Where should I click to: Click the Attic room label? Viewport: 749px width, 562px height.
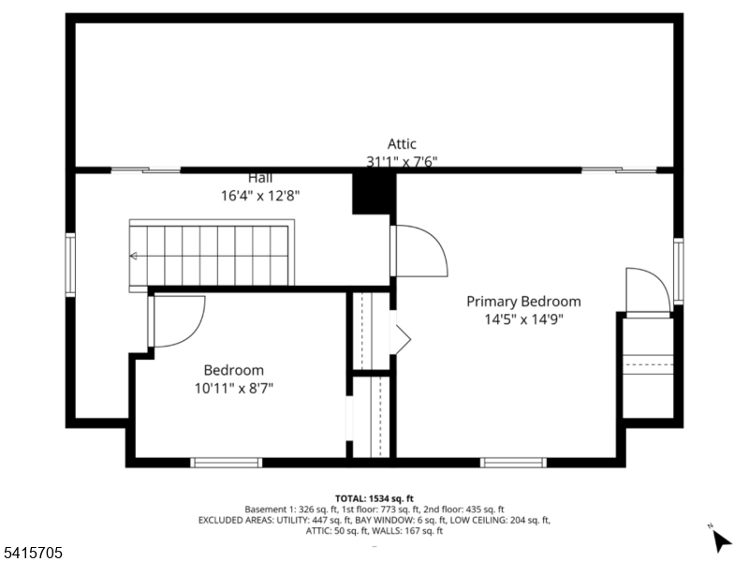pos(402,144)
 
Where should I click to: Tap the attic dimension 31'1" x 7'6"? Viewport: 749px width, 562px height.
pos(402,161)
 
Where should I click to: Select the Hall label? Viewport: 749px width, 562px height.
pos(260,178)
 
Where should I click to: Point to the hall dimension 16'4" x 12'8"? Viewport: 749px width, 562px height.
pos(260,196)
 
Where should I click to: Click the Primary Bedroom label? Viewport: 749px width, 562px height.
pos(523,302)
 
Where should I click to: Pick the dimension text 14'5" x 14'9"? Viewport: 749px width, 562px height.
pos(523,318)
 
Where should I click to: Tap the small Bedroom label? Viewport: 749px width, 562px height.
pos(234,370)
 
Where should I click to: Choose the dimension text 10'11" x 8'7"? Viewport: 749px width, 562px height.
pos(234,387)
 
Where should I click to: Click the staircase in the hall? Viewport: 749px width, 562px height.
pos(212,254)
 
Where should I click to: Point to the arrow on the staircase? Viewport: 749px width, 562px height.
pos(134,255)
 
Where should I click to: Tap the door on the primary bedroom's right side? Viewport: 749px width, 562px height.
pos(648,289)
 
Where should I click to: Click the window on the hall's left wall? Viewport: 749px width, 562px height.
pos(70,265)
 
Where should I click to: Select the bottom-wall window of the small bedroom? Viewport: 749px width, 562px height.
pos(226,462)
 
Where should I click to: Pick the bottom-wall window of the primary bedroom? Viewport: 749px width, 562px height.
pos(513,462)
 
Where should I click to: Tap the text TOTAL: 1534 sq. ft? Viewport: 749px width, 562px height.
pos(374,497)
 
